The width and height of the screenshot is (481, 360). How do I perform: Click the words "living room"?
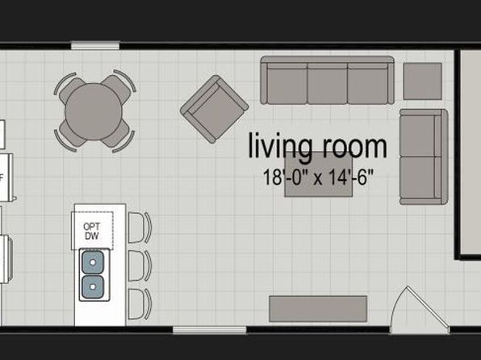[x=316, y=147]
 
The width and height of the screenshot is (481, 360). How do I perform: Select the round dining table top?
[x=94, y=111]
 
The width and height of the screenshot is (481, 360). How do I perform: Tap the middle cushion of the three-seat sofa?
[x=327, y=83]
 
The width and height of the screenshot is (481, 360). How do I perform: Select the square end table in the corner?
[x=422, y=82]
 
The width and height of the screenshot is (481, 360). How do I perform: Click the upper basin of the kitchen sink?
[x=92, y=262]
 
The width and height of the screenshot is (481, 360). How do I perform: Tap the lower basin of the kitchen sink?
[x=92, y=284]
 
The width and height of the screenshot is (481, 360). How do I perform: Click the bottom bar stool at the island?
[x=139, y=303]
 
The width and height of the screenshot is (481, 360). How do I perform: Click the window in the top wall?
[x=94, y=46]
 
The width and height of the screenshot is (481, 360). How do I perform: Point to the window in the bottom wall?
[x=198, y=329]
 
